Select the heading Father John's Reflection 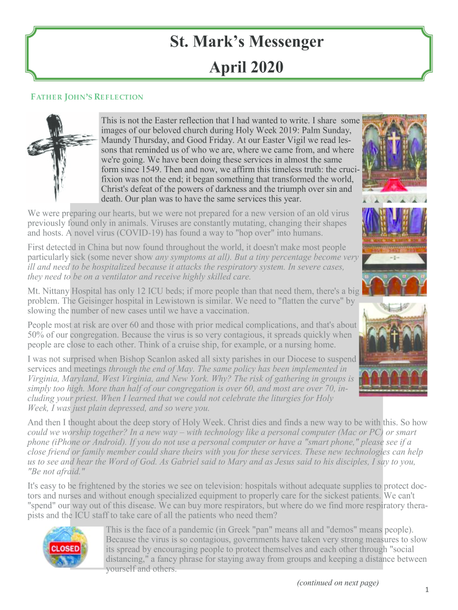click(87, 97)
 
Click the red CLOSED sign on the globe click(65, 547)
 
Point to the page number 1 click(427, 590)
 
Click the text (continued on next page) click(337, 582)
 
